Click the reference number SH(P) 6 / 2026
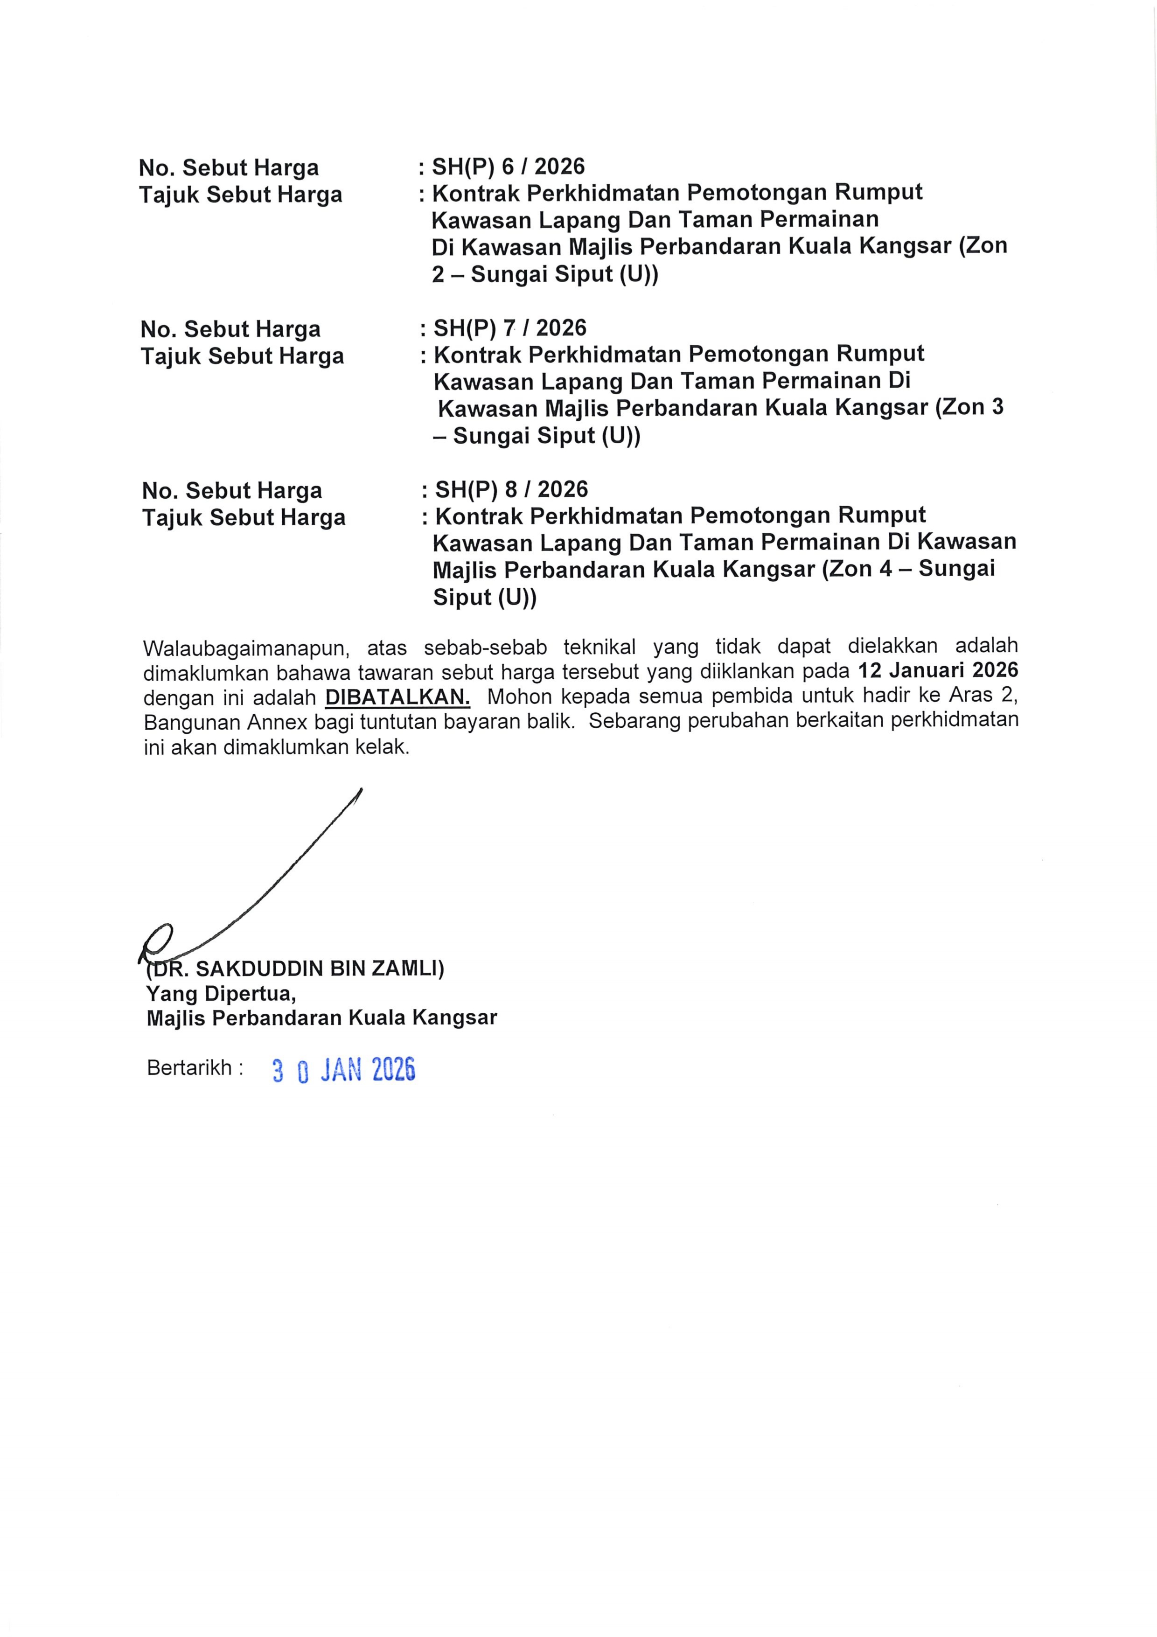coord(508,167)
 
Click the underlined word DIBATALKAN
coord(397,696)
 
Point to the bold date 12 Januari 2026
coord(937,670)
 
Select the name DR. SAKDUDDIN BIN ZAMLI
coord(295,968)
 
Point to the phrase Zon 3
coord(973,407)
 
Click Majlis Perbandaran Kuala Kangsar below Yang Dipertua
coord(321,1017)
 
